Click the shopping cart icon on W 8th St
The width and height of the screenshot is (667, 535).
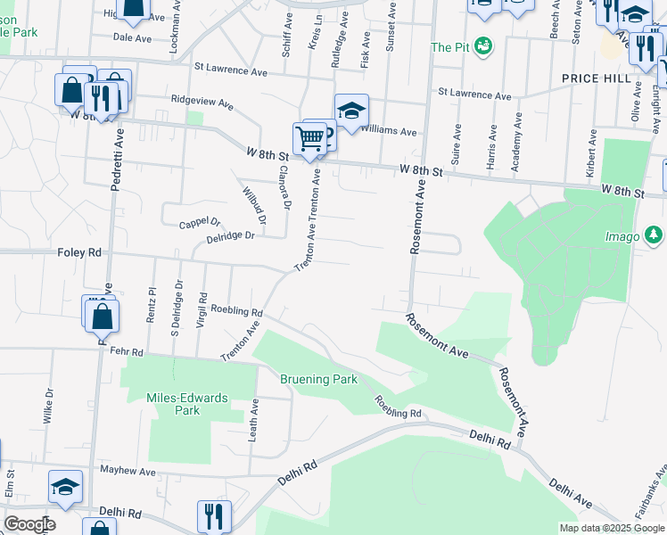[x=309, y=139]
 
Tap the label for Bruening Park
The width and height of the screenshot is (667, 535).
[x=319, y=379]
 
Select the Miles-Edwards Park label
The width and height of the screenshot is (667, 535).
[x=188, y=404]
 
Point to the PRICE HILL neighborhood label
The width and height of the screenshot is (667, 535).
[x=597, y=78]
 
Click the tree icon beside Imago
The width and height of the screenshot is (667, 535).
[x=655, y=235]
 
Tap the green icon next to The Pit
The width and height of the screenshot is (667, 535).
[x=483, y=45]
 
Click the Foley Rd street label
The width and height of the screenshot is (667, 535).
[x=80, y=253]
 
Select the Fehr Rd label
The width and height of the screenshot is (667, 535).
[x=127, y=352]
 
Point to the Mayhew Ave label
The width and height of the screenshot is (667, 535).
[x=128, y=470]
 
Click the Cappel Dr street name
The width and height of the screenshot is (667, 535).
[x=200, y=223]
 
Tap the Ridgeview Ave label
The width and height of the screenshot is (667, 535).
[x=202, y=103]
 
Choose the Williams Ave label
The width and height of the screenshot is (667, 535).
[x=395, y=132]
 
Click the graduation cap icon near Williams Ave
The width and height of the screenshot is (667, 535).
[x=352, y=111]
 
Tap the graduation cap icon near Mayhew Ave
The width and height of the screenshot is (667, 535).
[x=66, y=487]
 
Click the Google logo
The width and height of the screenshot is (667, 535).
[x=29, y=524]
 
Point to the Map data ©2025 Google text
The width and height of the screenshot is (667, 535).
[x=612, y=528]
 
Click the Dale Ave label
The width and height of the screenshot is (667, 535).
[x=133, y=38]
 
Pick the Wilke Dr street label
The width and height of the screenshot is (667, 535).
[x=48, y=404]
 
